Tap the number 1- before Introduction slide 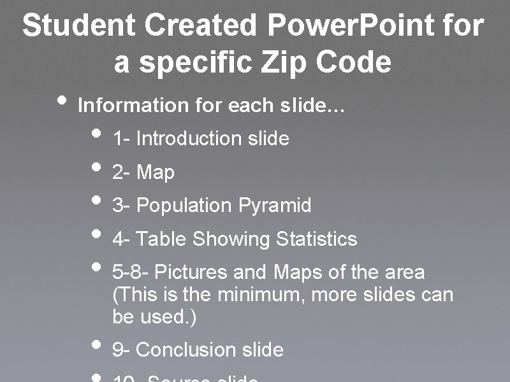point(121,138)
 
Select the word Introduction point(189,138)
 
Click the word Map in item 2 point(156,172)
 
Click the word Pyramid point(275,206)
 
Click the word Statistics point(316,239)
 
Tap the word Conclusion point(186,350)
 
